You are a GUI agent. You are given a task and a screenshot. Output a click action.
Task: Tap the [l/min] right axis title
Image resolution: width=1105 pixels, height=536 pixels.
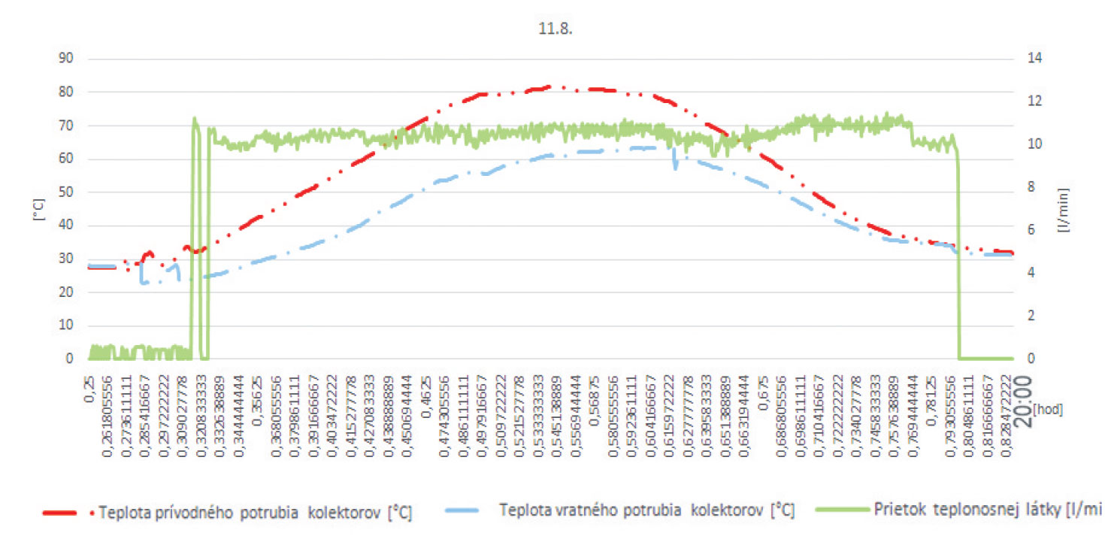[x=1064, y=209]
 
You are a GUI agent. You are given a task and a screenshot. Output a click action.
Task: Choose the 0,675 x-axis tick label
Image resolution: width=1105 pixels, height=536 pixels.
[x=763, y=385]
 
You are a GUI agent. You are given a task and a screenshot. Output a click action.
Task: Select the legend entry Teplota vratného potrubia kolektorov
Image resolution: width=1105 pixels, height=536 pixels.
[x=646, y=510]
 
